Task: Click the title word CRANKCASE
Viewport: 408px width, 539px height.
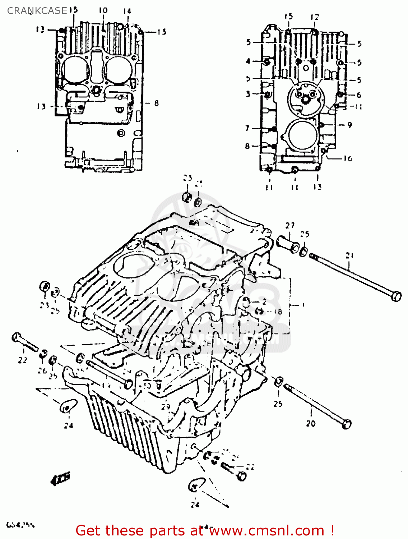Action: coord(37,11)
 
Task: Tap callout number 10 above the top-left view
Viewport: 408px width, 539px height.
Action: coord(103,10)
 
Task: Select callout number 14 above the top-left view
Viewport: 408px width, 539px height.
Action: coord(127,11)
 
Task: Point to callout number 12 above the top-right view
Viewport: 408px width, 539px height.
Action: coord(315,17)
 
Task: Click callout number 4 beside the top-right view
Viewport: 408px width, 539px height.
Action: coord(248,61)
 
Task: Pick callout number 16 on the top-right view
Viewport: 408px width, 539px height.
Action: coord(348,158)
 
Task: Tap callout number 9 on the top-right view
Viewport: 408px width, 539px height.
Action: coord(349,125)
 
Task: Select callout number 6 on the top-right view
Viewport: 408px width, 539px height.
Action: coord(358,95)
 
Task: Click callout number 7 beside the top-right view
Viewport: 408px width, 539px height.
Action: coord(247,128)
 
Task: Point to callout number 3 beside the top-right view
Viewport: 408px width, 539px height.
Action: coord(248,94)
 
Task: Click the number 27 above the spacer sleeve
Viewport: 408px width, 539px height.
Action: coord(290,225)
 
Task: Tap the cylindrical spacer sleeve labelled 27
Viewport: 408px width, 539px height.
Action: coord(287,244)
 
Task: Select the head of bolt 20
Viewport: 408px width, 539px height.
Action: coord(346,424)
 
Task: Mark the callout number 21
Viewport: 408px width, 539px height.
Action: coord(349,255)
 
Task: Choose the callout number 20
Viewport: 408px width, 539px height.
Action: coord(311,424)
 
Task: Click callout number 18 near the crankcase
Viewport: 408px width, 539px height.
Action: coord(278,312)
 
